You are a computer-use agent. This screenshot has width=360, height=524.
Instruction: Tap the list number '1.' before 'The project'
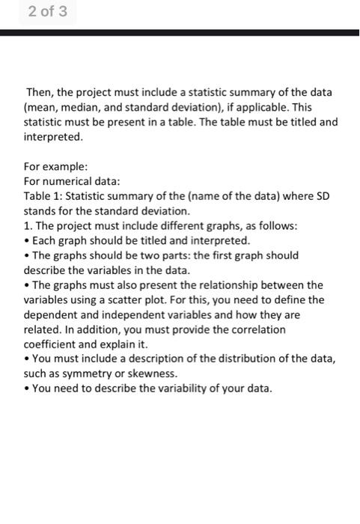tap(30, 226)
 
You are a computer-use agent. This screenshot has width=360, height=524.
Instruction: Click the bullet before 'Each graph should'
tap(28, 241)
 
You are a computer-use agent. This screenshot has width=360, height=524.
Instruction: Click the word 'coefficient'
tap(55, 344)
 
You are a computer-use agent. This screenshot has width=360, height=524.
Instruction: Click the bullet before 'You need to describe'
tap(28, 389)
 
